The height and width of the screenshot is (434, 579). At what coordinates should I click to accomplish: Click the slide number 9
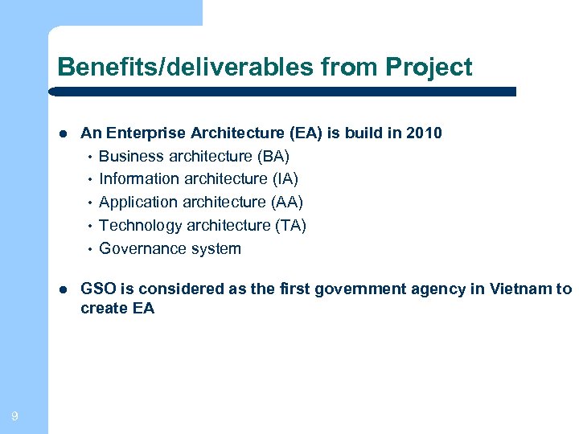(15, 416)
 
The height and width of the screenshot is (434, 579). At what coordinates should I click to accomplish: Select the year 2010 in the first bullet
(425, 133)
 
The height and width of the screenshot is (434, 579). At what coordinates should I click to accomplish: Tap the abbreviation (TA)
(290, 225)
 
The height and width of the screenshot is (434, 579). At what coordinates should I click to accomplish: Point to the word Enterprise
(144, 133)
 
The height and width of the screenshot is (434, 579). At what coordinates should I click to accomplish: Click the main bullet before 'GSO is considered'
(62, 290)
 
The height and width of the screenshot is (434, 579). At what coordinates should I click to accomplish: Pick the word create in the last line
(101, 308)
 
